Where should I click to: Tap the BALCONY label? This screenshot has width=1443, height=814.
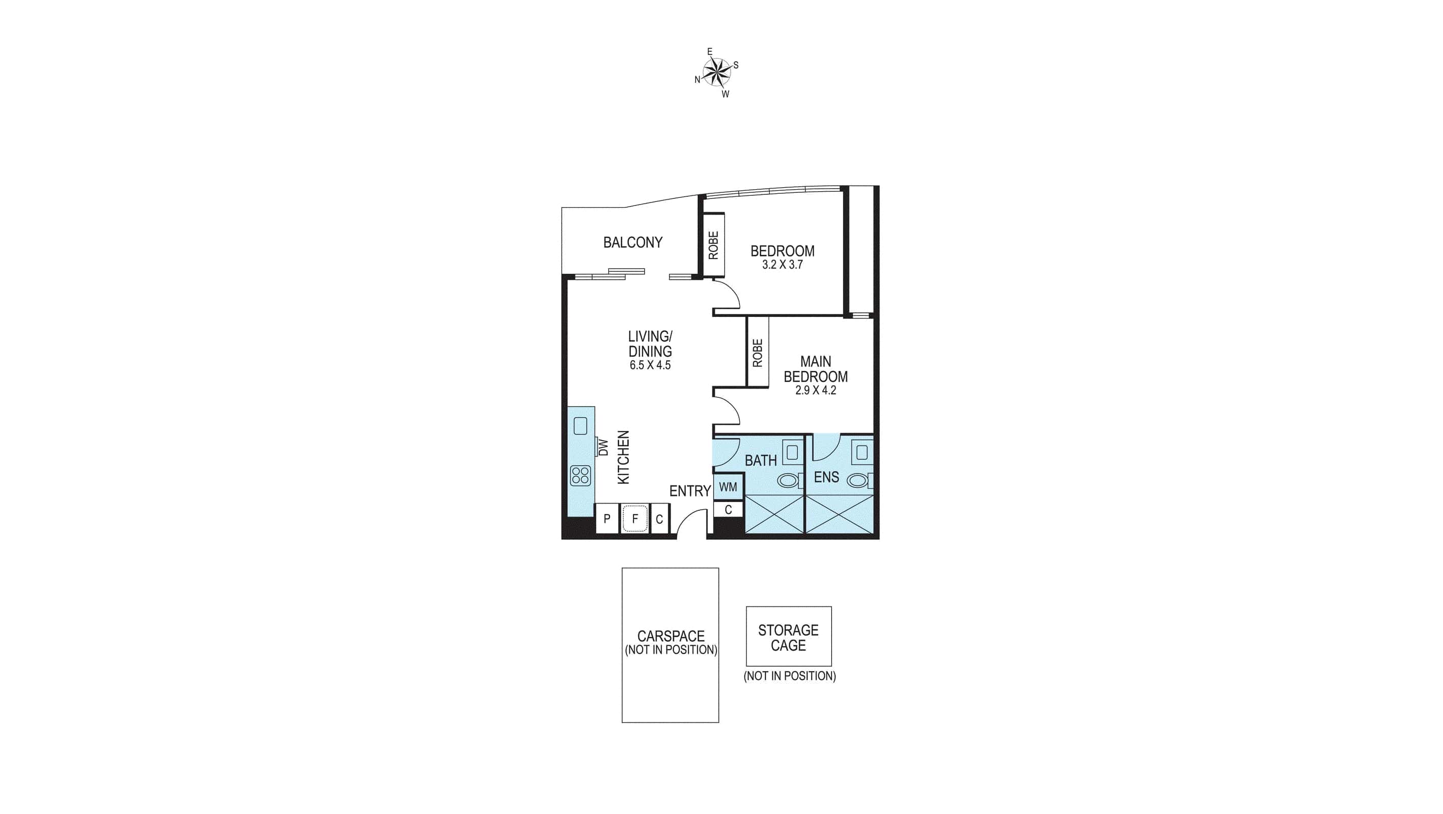(x=632, y=243)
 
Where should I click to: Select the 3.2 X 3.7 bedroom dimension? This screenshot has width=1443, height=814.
(x=782, y=265)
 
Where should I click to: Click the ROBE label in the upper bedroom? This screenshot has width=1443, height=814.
(x=713, y=245)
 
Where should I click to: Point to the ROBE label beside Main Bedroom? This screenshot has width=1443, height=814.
(x=757, y=353)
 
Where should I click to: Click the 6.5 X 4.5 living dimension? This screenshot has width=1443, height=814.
(x=650, y=365)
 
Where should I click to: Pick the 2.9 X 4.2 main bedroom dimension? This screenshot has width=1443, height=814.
(x=815, y=391)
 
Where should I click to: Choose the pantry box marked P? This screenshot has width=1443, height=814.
(x=607, y=519)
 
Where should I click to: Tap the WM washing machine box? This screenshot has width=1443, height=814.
(x=728, y=487)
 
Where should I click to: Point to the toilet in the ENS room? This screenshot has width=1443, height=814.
(x=858, y=480)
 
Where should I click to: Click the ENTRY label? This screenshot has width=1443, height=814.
(x=689, y=491)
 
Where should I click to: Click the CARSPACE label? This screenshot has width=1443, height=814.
(x=671, y=636)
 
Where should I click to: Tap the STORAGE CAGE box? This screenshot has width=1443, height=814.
(x=788, y=637)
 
